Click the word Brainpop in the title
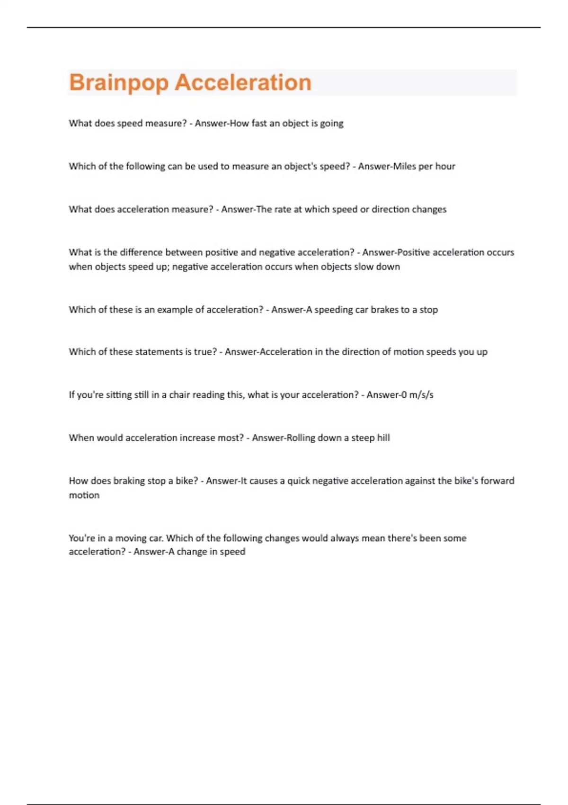[x=119, y=83]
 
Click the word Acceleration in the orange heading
[x=243, y=83]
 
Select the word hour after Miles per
[x=445, y=166]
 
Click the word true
[x=205, y=352]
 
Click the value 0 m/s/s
[x=417, y=395]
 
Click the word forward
[x=497, y=481]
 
